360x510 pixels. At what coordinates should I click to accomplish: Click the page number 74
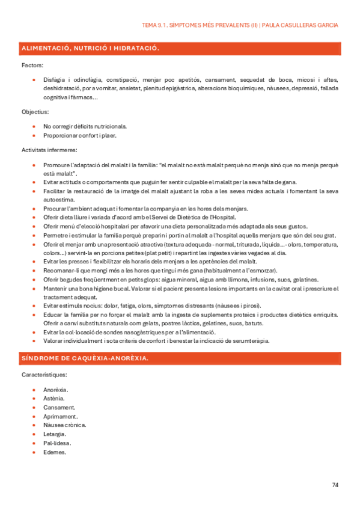pyautogui.click(x=335, y=485)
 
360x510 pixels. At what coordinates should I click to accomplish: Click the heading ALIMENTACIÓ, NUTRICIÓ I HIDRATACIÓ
pyautogui.click(x=90, y=48)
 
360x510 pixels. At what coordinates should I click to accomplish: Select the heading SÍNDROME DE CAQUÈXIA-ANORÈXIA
pyautogui.click(x=85, y=358)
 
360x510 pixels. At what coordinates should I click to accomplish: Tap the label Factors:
pyautogui.click(x=32, y=64)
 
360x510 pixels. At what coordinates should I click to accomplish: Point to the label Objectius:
pyautogui.click(x=35, y=112)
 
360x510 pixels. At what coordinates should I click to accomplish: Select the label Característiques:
pyautogui.click(x=44, y=375)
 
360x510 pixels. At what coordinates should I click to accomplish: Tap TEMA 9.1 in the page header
pyautogui.click(x=155, y=25)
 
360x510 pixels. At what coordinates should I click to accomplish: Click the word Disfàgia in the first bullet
pyautogui.click(x=54, y=79)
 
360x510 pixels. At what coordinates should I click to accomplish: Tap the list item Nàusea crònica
pyautogui.click(x=64, y=425)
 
